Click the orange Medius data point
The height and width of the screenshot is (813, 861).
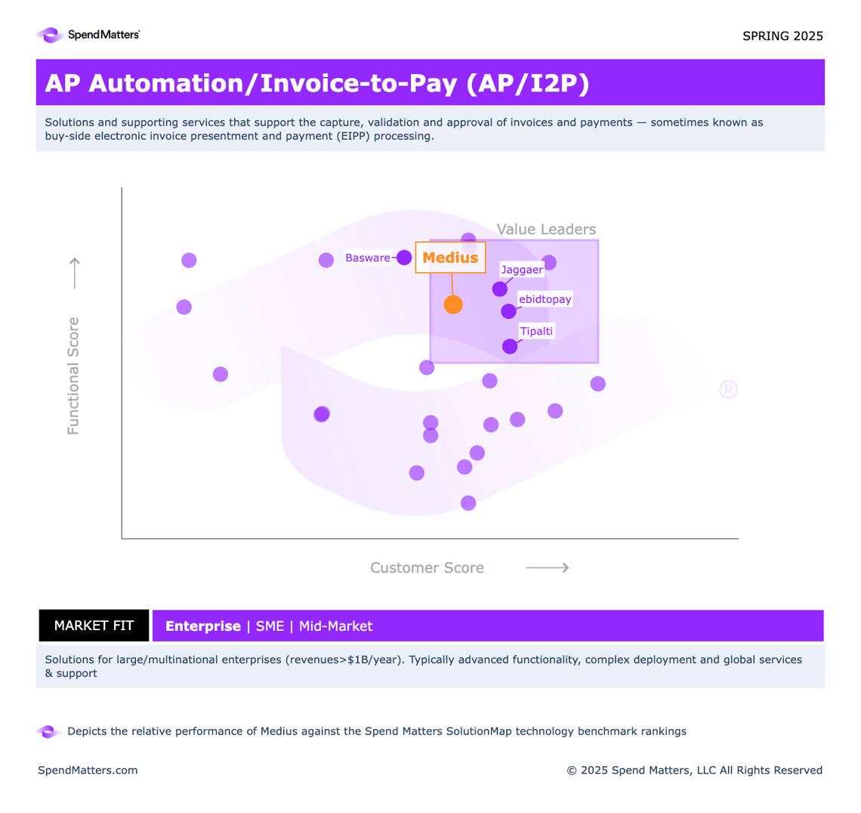[453, 304]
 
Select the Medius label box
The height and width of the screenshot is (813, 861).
[450, 258]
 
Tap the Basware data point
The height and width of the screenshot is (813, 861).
[404, 257]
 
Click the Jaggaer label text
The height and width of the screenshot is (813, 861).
[522, 270]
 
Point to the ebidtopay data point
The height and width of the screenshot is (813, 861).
[508, 311]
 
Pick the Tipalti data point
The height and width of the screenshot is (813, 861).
[510, 346]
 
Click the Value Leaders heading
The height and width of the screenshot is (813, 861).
[546, 230]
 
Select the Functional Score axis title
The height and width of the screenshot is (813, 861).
[73, 376]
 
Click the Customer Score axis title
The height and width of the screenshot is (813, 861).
[427, 568]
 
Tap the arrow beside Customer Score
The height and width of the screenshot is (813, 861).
[547, 567]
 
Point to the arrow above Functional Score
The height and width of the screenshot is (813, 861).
[74, 273]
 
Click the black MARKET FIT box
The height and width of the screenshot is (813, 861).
[94, 626]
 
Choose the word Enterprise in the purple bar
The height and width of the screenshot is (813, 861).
[202, 626]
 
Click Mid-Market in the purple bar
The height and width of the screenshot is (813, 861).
[335, 626]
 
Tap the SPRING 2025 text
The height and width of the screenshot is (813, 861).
[782, 36]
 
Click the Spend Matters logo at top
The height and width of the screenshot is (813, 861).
[88, 35]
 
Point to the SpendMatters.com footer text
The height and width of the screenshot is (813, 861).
[88, 771]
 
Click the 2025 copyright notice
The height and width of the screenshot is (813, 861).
[694, 771]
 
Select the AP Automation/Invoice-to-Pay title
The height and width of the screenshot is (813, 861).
[316, 83]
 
